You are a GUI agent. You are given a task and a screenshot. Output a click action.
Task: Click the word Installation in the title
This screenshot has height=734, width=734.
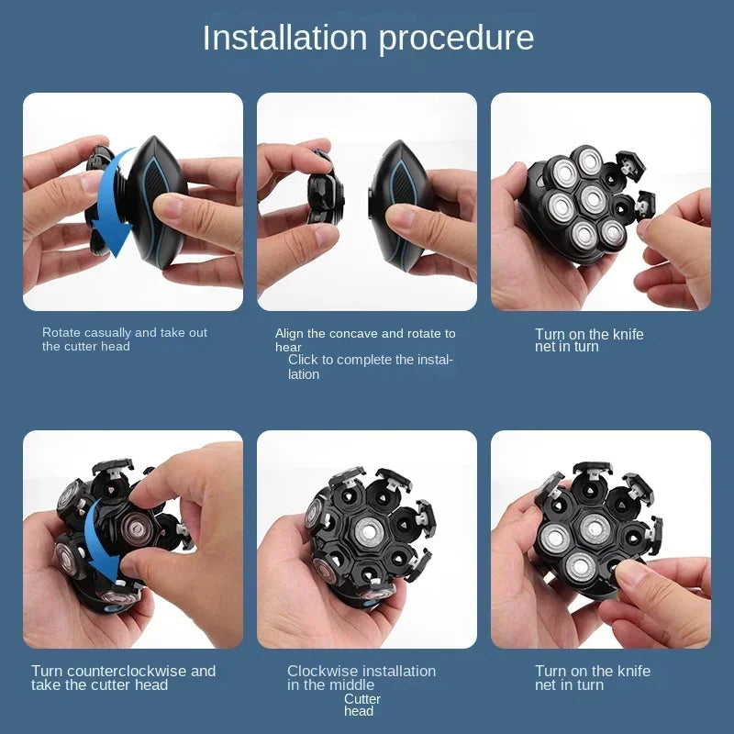point(284,38)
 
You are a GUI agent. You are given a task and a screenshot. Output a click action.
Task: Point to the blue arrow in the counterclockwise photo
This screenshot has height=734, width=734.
point(102,543)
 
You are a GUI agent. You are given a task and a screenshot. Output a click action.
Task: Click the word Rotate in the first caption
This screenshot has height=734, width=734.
point(61,332)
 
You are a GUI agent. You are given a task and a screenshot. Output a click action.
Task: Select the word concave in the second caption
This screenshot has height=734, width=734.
point(353,334)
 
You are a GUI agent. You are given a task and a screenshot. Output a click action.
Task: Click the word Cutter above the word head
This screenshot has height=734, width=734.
point(362,699)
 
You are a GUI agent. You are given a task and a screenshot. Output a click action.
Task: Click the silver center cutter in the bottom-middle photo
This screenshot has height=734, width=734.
point(370,531)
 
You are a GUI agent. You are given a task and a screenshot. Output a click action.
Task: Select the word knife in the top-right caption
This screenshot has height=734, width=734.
point(628,334)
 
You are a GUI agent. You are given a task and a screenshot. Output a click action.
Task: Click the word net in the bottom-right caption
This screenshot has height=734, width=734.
point(546,685)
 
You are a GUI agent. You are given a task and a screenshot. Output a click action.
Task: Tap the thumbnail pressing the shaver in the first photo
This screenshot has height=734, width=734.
point(166,206)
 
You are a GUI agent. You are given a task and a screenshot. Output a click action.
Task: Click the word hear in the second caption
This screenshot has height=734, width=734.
point(288,348)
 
